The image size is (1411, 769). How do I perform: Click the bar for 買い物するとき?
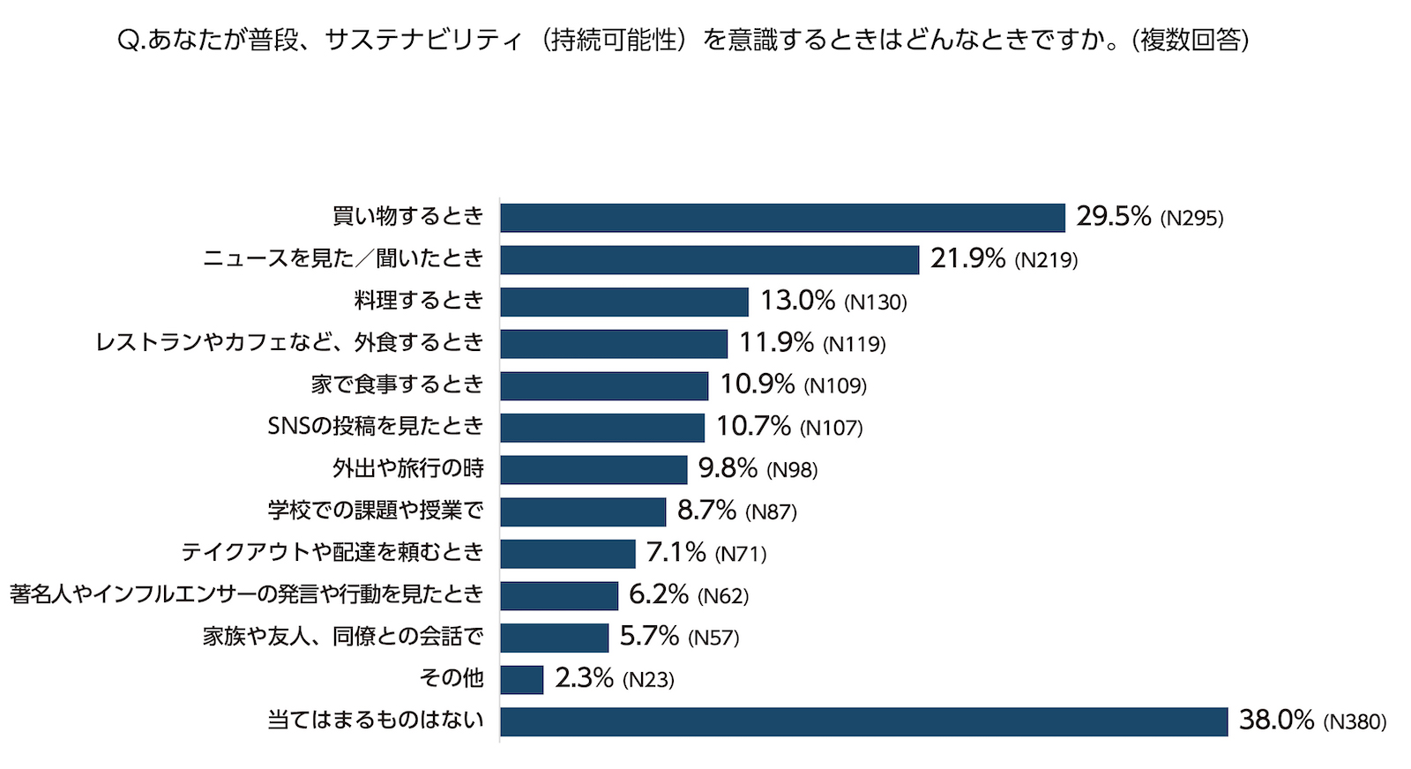[782, 218]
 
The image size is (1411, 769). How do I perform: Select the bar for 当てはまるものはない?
[863, 721]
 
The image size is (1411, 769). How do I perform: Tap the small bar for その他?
[521, 680]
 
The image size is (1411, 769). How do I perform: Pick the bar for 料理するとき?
[623, 302]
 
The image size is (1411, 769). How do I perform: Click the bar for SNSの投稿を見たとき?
[602, 428]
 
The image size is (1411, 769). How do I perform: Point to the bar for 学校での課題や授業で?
[583, 511]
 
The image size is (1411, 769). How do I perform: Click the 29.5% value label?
[1113, 217]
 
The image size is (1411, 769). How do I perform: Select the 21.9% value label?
[967, 258]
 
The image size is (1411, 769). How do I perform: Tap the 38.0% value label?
[1276, 720]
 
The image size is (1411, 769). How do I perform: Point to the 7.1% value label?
[676, 553]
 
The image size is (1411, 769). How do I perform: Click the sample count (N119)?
[854, 344]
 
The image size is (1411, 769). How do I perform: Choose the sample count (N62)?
[723, 596]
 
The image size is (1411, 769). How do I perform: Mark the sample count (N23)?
[648, 680]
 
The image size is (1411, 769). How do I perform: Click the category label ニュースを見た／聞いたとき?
[343, 258]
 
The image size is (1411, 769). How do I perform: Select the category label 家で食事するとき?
[397, 384]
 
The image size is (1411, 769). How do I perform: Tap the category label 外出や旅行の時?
[408, 468]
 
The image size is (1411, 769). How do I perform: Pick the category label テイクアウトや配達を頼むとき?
[332, 553]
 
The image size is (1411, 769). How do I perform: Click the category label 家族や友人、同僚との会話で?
[343, 637]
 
